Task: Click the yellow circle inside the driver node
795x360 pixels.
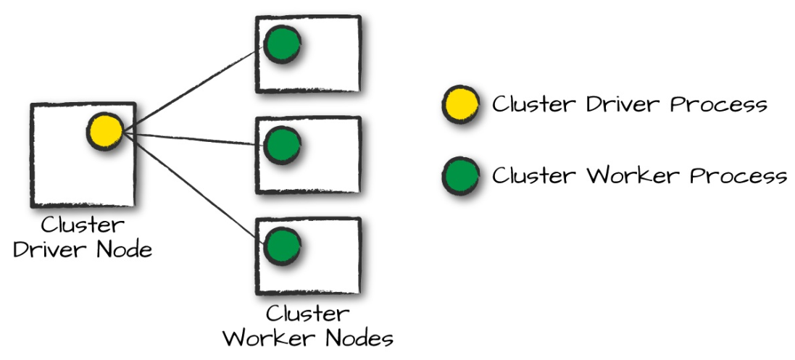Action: tap(106, 132)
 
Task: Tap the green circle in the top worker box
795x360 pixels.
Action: tap(282, 45)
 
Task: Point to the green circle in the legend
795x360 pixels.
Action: tap(460, 176)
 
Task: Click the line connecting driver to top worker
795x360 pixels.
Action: tap(192, 89)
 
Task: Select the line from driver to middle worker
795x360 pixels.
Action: tap(192, 138)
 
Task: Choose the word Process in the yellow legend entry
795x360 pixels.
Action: tap(718, 104)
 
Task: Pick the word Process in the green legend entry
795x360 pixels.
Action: tap(738, 176)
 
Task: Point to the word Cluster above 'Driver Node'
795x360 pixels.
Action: tap(83, 225)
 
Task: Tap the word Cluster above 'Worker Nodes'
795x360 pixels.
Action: tap(307, 314)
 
